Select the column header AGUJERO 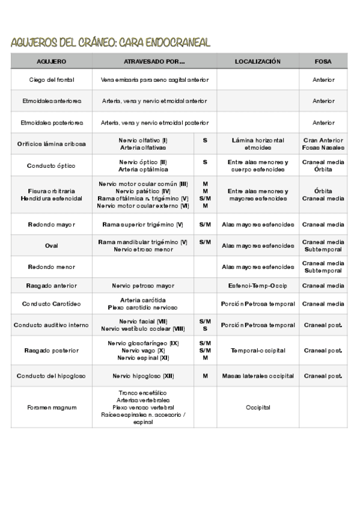(x=52, y=61)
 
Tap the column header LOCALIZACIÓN (x=258, y=61)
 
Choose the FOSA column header (x=323, y=61)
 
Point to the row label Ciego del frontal (x=52, y=79)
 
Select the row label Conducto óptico (x=52, y=165)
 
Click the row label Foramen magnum (x=52, y=407)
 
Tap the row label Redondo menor (x=52, y=266)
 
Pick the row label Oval (x=52, y=245)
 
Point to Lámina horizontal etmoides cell (x=258, y=144)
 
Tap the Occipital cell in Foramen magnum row (x=258, y=407)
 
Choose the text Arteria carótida (x=143, y=300)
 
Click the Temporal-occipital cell (x=258, y=350)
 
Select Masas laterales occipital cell (x=258, y=376)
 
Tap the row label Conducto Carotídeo (x=52, y=304)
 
